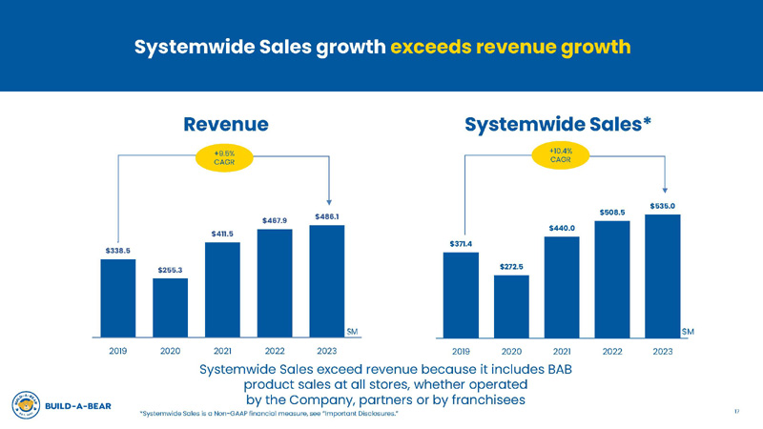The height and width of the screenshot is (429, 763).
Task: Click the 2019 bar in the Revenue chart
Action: point(117,297)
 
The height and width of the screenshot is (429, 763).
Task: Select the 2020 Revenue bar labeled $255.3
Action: point(170,307)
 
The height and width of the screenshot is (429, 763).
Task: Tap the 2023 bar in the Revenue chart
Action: point(327,280)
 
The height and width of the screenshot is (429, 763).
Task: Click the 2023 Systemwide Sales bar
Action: point(663,276)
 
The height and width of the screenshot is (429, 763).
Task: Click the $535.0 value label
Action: point(663,205)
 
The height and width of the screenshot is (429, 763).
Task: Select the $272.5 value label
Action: point(511,266)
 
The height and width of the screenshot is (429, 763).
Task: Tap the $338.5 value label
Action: point(117,250)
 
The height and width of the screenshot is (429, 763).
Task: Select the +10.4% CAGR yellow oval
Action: point(562,155)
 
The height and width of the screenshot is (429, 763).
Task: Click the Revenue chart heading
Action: point(225,123)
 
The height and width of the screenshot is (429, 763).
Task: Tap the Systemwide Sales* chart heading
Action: point(559,123)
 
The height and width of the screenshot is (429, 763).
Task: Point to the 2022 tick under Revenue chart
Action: point(275,352)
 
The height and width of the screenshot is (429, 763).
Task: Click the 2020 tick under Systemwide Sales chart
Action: point(511,352)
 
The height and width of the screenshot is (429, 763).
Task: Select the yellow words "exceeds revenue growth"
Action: point(511,46)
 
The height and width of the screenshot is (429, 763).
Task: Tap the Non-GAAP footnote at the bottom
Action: point(268,414)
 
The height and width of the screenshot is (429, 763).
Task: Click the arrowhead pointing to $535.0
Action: point(664,189)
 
